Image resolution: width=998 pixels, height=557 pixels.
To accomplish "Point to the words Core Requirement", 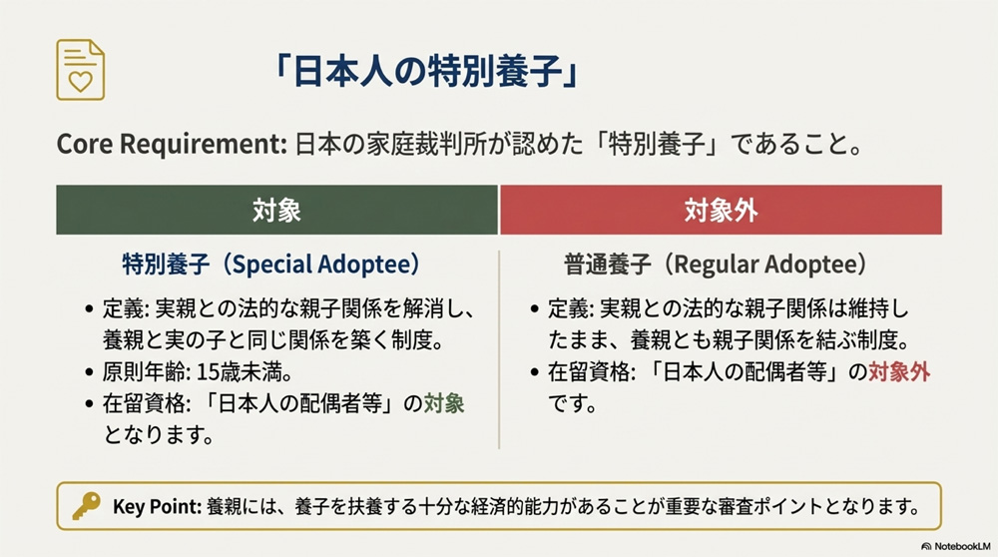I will click(x=171, y=144).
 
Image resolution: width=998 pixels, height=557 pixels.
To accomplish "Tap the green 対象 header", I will click(x=276, y=210).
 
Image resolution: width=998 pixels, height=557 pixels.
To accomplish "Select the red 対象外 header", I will click(x=721, y=210).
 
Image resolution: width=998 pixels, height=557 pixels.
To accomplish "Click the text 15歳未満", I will click(x=229, y=372).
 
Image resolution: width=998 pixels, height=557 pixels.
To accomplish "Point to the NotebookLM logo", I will click(x=954, y=546).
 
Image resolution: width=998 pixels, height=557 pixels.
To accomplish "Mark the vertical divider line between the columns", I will click(x=499, y=349).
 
